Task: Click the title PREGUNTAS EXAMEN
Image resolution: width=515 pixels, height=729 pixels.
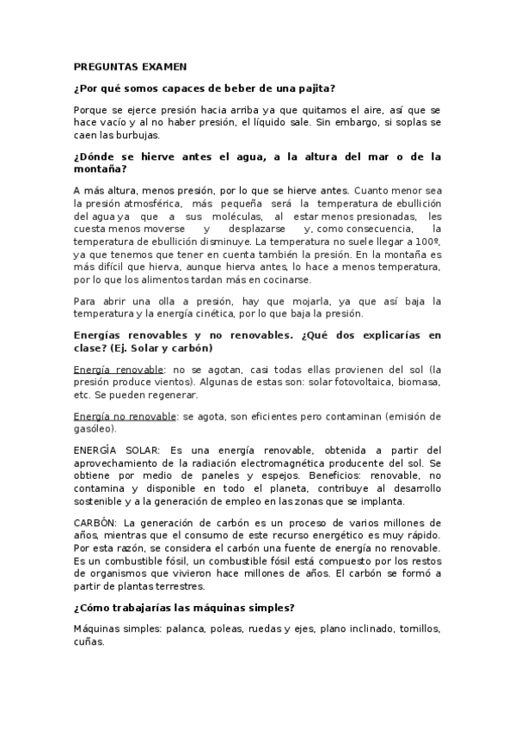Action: [124, 66]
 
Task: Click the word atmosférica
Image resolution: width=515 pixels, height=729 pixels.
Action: [151, 203]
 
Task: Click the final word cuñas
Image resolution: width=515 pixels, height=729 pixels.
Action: [88, 641]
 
